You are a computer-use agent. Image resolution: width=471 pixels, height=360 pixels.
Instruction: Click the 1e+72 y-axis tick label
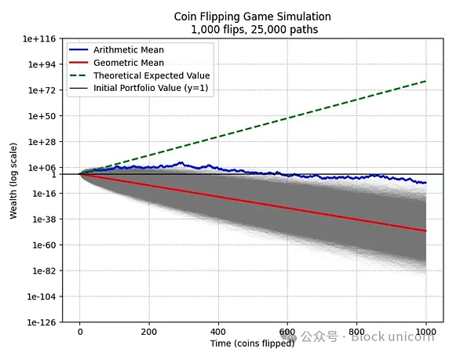45,90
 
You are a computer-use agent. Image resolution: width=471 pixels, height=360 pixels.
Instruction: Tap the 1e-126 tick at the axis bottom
43,322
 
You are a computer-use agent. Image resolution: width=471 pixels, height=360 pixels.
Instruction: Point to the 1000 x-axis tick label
426,332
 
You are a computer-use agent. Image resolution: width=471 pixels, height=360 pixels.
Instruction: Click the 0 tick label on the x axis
79,332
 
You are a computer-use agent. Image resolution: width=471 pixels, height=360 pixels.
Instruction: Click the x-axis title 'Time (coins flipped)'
253,344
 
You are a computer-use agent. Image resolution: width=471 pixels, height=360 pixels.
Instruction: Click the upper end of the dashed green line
426,81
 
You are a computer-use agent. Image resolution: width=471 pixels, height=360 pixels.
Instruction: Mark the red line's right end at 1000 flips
426,231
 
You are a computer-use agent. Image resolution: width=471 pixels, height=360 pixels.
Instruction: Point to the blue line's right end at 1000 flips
426,183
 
